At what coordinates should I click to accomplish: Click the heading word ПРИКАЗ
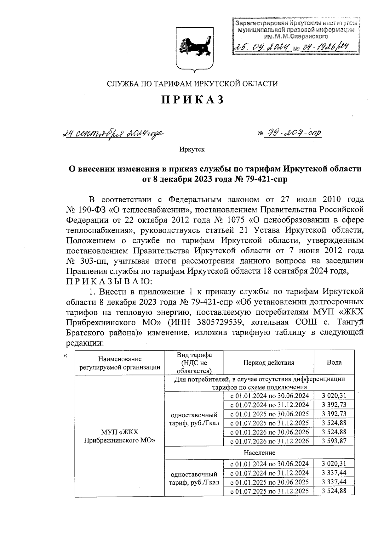coord(193,100)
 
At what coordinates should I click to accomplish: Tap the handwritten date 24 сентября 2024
coord(113,134)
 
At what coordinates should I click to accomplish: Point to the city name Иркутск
coord(192,149)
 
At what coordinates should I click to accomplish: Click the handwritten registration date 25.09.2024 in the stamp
coord(261,48)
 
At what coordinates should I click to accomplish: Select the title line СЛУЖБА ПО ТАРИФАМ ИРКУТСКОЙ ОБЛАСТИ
coord(192,84)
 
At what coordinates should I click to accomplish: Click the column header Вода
coord(334,363)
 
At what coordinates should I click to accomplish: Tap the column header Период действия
coord(268,363)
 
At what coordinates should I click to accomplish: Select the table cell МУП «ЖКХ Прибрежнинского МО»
coord(120,436)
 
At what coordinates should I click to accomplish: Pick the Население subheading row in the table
coord(259,453)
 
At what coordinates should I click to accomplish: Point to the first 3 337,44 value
coord(334,473)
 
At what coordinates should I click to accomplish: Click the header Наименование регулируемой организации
coord(120,363)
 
